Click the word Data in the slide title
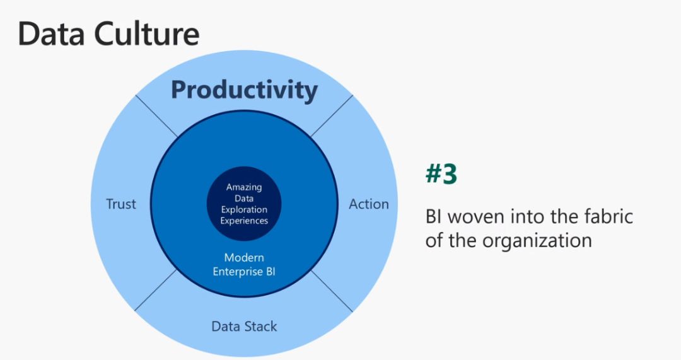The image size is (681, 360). (x=51, y=33)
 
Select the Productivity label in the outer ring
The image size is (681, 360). (x=244, y=90)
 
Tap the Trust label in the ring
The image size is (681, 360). (x=120, y=204)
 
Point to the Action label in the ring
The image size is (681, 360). (x=369, y=204)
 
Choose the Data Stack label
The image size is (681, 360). (x=244, y=326)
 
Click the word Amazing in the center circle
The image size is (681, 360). (x=244, y=188)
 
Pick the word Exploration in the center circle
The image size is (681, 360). (x=244, y=210)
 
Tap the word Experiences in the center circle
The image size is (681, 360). (x=244, y=221)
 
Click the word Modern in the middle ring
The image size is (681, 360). (x=244, y=257)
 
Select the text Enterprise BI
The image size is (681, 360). (x=244, y=272)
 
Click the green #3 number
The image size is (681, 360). (x=441, y=174)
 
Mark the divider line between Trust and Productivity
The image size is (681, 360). (x=156, y=116)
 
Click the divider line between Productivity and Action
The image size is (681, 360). (x=332, y=116)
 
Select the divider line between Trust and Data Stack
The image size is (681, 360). (x=156, y=290)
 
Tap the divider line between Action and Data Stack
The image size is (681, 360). (x=332, y=291)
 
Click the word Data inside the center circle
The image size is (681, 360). (x=244, y=199)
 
